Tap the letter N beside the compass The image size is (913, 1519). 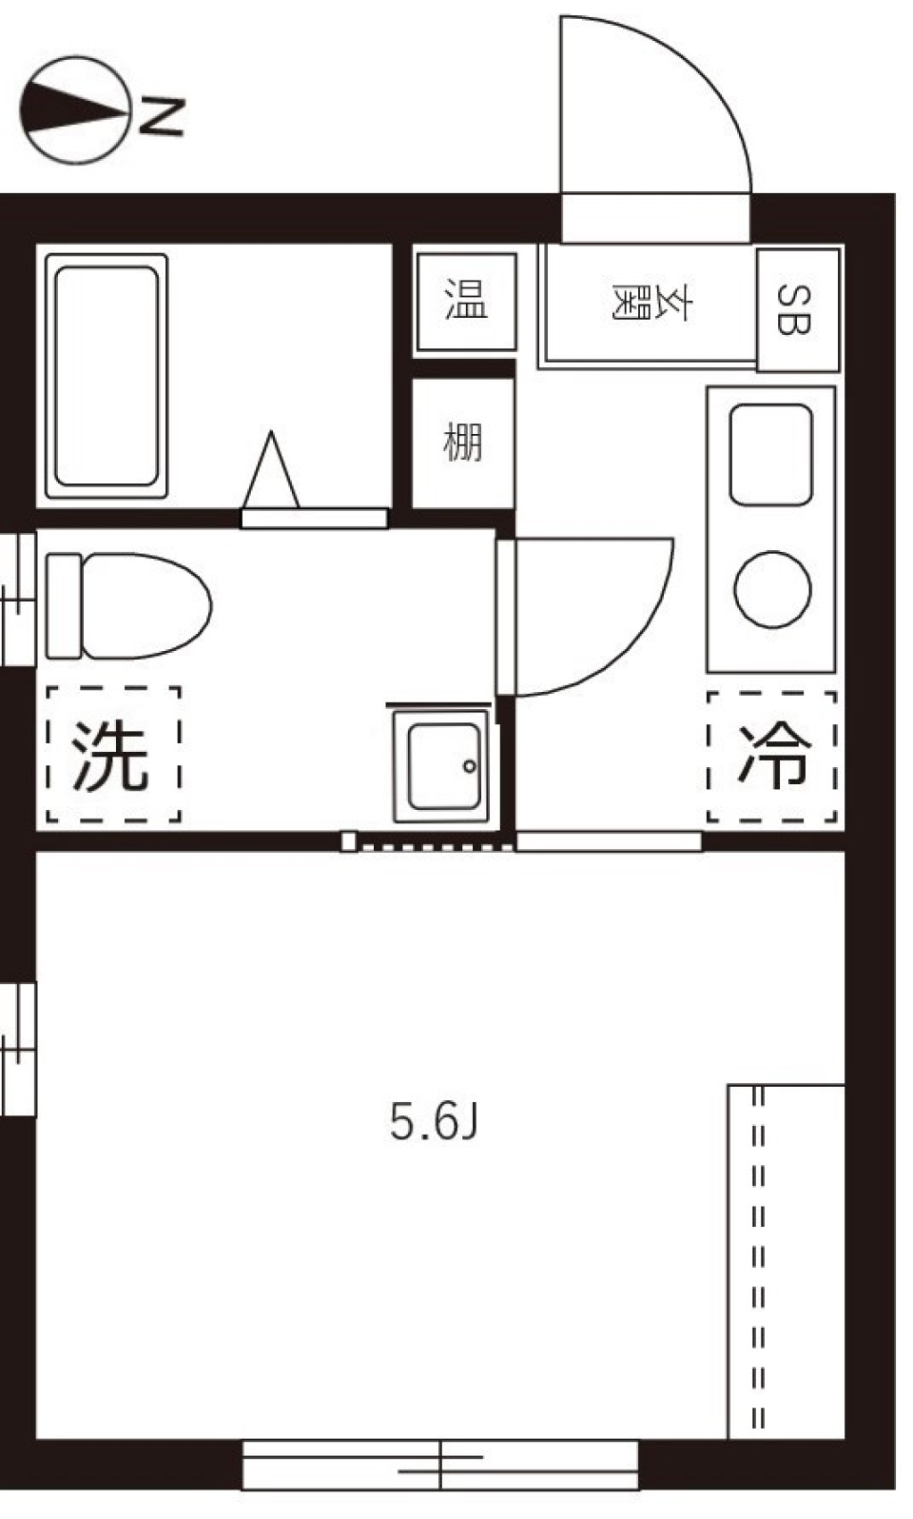(x=162, y=116)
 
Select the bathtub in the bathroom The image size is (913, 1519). (x=106, y=376)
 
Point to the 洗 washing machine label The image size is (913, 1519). (x=112, y=756)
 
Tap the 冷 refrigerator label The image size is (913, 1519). (x=773, y=756)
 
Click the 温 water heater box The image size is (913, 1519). (x=466, y=301)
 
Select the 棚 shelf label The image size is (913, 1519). (x=463, y=443)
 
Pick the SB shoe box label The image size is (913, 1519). (x=796, y=309)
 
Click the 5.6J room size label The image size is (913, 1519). (x=434, y=1121)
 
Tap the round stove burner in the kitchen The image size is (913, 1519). (x=772, y=589)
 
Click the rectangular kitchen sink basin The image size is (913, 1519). (x=770, y=454)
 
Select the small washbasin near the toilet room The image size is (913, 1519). (x=444, y=765)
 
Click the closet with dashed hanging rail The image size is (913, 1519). (x=787, y=1261)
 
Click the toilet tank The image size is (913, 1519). (x=63, y=606)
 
